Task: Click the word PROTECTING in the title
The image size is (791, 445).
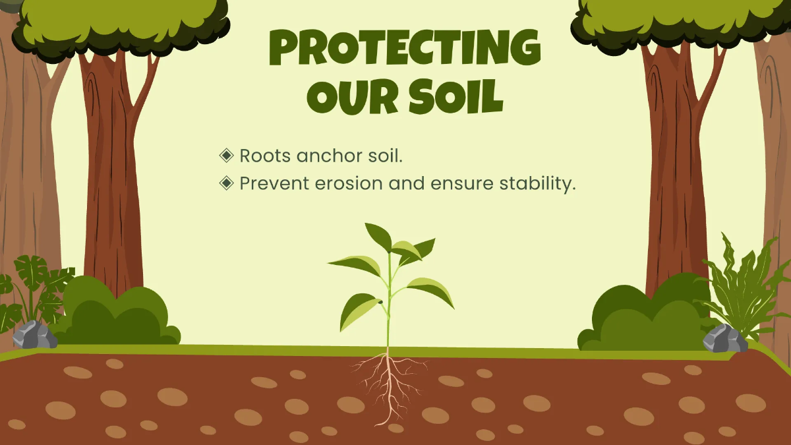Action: point(405,47)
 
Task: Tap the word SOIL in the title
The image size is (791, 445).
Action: point(456,96)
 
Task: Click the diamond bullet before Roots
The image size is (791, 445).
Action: point(226,156)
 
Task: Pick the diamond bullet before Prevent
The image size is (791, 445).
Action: point(226,183)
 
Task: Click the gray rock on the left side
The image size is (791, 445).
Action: point(34,334)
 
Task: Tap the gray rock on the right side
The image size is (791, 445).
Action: point(725,338)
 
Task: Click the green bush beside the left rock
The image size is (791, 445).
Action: point(117,314)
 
